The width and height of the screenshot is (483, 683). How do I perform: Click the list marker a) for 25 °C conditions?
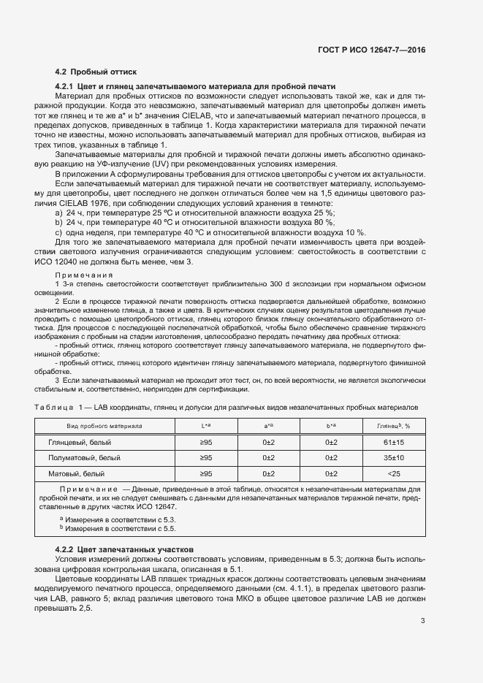click(x=58, y=213)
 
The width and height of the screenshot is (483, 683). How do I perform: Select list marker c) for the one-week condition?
click(x=58, y=232)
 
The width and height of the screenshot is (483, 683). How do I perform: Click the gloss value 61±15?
click(x=394, y=443)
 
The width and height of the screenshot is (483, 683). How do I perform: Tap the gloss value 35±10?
click(x=394, y=458)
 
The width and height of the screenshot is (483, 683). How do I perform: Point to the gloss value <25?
click(x=394, y=474)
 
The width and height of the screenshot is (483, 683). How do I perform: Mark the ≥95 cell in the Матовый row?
click(x=207, y=474)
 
